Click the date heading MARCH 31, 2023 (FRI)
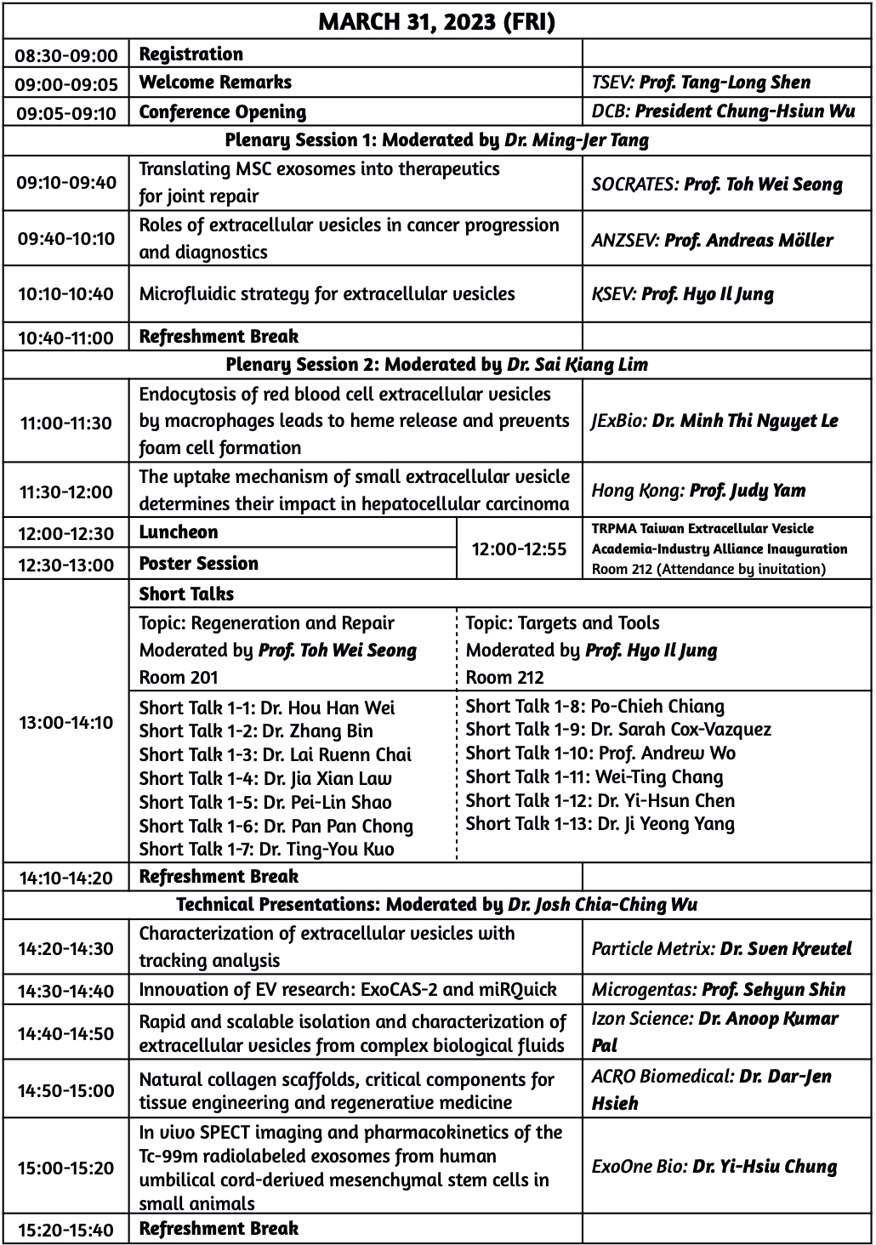(x=436, y=21)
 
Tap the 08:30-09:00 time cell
(x=66, y=55)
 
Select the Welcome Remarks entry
(x=215, y=82)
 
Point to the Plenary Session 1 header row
(x=436, y=140)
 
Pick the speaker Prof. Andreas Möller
(x=748, y=240)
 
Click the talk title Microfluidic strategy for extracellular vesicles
(x=327, y=294)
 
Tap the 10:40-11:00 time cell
(x=66, y=338)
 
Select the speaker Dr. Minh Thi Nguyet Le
(x=745, y=421)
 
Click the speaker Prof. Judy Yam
(x=748, y=491)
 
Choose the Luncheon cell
(x=179, y=532)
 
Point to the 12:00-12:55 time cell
(x=519, y=549)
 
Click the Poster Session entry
(x=198, y=564)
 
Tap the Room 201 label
(x=179, y=678)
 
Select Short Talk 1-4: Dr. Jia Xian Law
(x=265, y=778)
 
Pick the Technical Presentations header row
(x=436, y=905)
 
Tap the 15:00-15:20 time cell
(x=66, y=1168)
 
